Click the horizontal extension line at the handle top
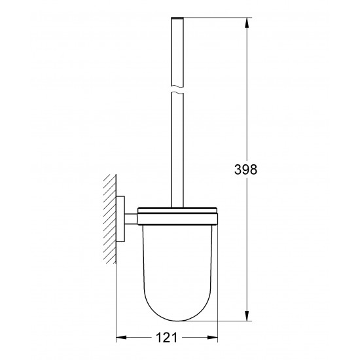click(209, 18)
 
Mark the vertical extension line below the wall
click(116, 301)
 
